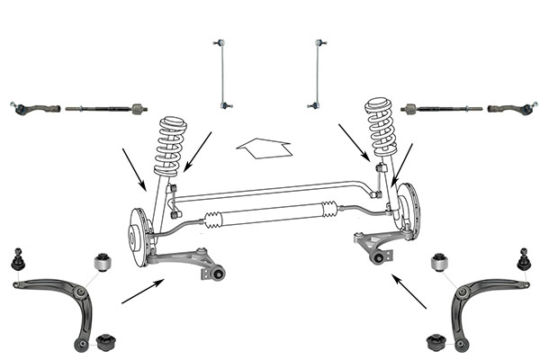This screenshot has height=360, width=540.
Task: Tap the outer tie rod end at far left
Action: coord(36,108)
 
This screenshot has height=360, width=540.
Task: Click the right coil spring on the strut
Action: coord(381,130)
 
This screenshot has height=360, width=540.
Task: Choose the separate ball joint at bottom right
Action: coord(523,259)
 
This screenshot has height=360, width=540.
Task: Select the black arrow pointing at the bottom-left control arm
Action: coord(142,291)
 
